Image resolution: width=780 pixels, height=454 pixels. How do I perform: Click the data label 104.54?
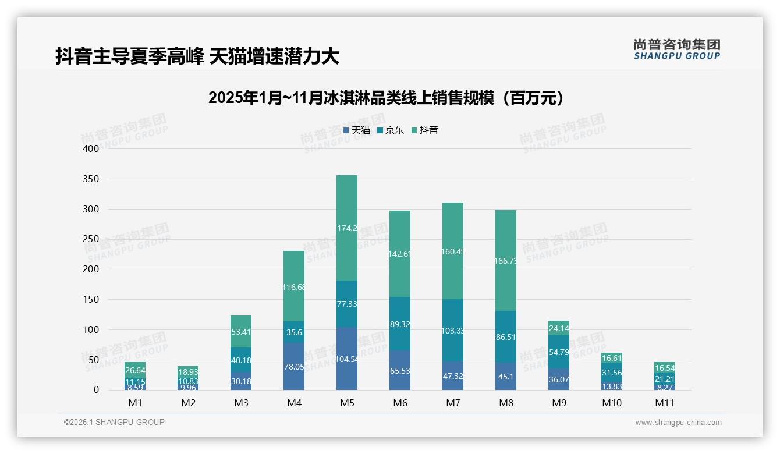(x=347, y=360)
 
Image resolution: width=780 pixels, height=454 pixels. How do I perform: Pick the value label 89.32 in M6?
(x=399, y=324)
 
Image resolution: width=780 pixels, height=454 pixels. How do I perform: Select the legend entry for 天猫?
(x=356, y=130)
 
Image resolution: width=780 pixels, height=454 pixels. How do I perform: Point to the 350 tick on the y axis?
(x=91, y=179)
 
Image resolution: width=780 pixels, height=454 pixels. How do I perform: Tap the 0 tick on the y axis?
(x=96, y=390)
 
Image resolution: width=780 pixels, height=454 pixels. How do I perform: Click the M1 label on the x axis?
(x=135, y=403)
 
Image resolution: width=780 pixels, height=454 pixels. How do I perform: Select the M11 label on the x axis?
(x=664, y=403)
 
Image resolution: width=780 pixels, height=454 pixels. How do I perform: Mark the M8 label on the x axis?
(x=505, y=403)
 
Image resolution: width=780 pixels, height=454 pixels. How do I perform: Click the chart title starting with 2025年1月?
(x=386, y=98)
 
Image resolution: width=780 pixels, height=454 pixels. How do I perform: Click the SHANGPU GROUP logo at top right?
(x=676, y=49)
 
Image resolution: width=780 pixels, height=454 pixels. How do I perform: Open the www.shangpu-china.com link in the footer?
(x=678, y=423)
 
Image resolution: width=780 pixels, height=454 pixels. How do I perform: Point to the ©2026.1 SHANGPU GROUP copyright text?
(x=114, y=422)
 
